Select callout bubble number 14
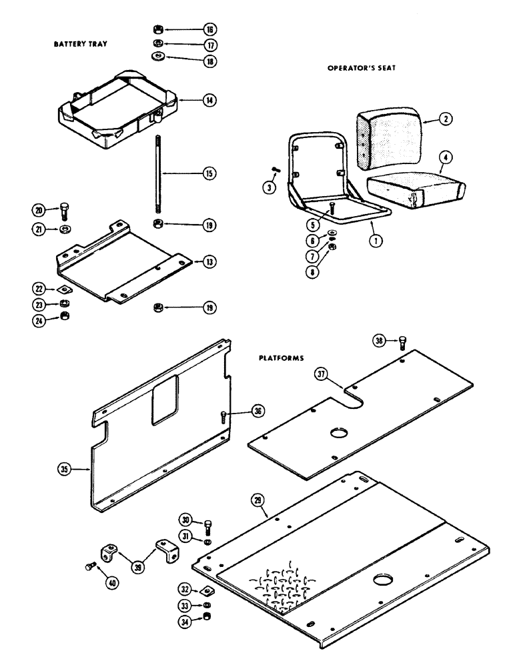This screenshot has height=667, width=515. [209, 100]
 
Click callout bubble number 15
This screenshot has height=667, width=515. [209, 173]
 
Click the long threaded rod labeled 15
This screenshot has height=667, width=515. [161, 173]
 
